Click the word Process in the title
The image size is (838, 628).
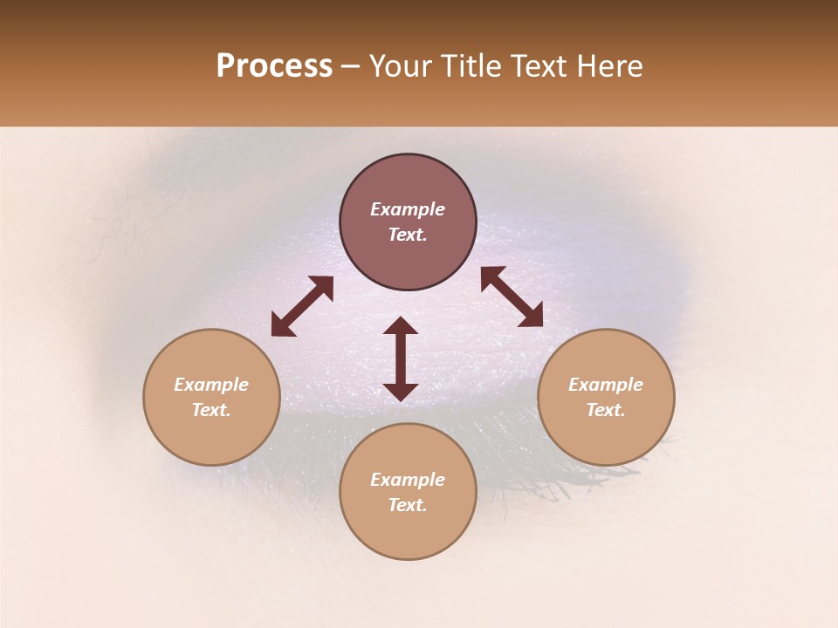274,66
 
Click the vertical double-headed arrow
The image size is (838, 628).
401,358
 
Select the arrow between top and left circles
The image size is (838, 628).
302,306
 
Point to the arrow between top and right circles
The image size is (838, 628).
512,297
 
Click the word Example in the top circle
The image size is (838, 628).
408,209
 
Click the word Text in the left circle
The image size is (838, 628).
211,410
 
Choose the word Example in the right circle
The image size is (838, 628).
606,385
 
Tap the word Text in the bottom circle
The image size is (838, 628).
408,505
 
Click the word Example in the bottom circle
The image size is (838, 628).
408,480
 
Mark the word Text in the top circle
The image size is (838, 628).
408,235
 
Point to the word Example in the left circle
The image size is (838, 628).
211,385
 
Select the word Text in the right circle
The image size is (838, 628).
606,410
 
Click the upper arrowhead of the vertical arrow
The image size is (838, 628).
401,326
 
